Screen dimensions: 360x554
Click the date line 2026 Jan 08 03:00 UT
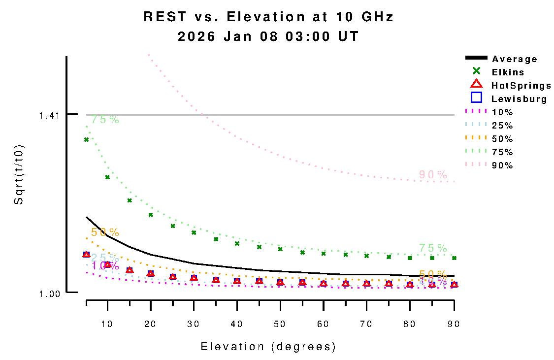point(268,37)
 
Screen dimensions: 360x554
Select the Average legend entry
point(515,59)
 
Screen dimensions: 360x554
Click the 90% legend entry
point(502,165)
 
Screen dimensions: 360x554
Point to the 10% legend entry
point(502,112)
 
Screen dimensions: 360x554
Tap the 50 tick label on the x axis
point(280,324)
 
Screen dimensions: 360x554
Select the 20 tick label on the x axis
point(151,324)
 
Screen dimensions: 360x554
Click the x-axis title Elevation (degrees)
point(268,347)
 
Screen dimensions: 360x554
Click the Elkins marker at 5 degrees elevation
point(86,139)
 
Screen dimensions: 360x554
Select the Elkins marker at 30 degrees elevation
point(194,232)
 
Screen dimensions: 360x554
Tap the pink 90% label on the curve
point(433,174)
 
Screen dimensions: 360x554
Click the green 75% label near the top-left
point(105,119)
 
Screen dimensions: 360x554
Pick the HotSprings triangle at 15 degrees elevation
point(130,270)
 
